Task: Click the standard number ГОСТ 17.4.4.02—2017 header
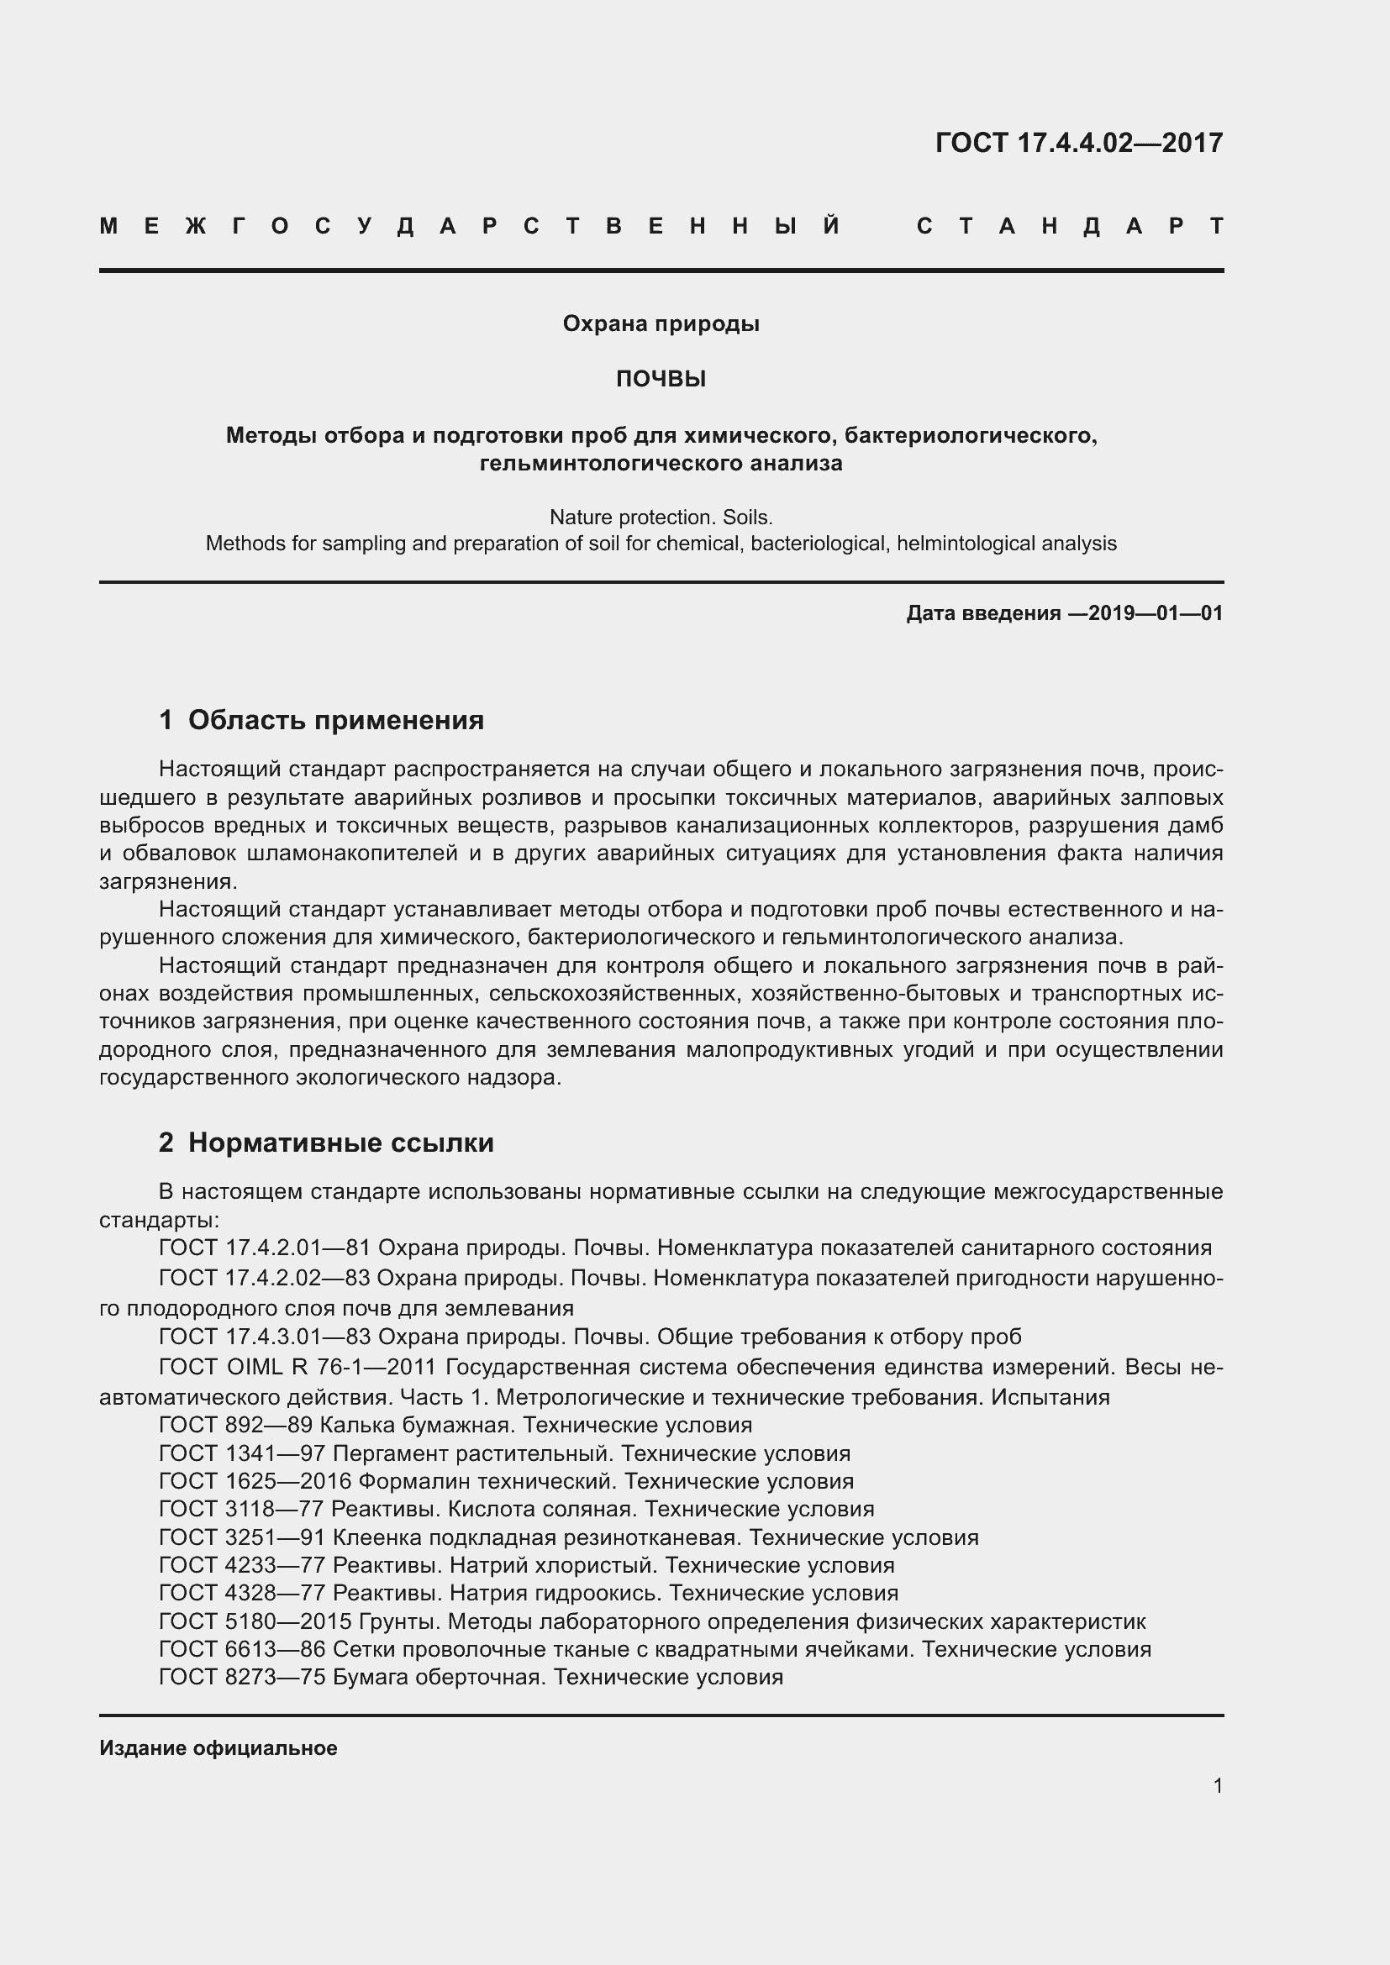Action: point(1078,143)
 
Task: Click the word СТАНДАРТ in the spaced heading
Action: point(1070,227)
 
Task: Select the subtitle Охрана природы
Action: point(661,323)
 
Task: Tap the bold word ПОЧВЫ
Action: point(661,379)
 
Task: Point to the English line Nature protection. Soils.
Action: point(661,517)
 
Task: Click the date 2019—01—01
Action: point(1156,612)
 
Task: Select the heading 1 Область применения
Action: point(321,720)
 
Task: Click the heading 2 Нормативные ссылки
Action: point(326,1143)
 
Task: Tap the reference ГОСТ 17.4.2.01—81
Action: point(265,1248)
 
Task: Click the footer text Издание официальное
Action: point(219,1747)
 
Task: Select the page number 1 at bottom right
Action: point(1217,1785)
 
